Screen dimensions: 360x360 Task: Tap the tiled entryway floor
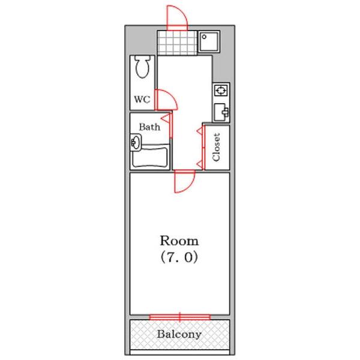(x=178, y=41)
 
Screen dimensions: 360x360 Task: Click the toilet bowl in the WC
(x=143, y=67)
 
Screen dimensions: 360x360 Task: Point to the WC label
(x=142, y=100)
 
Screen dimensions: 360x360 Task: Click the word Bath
(x=149, y=127)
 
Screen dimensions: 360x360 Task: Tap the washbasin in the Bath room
(x=134, y=143)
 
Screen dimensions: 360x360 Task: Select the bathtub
(x=151, y=157)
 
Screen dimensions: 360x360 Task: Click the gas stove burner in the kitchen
(x=220, y=91)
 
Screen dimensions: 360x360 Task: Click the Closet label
(x=217, y=147)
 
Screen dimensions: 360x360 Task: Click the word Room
(x=179, y=241)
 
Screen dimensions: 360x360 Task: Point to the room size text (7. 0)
(x=179, y=258)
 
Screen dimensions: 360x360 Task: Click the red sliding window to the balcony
(x=179, y=316)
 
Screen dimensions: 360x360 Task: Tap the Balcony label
(x=179, y=334)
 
